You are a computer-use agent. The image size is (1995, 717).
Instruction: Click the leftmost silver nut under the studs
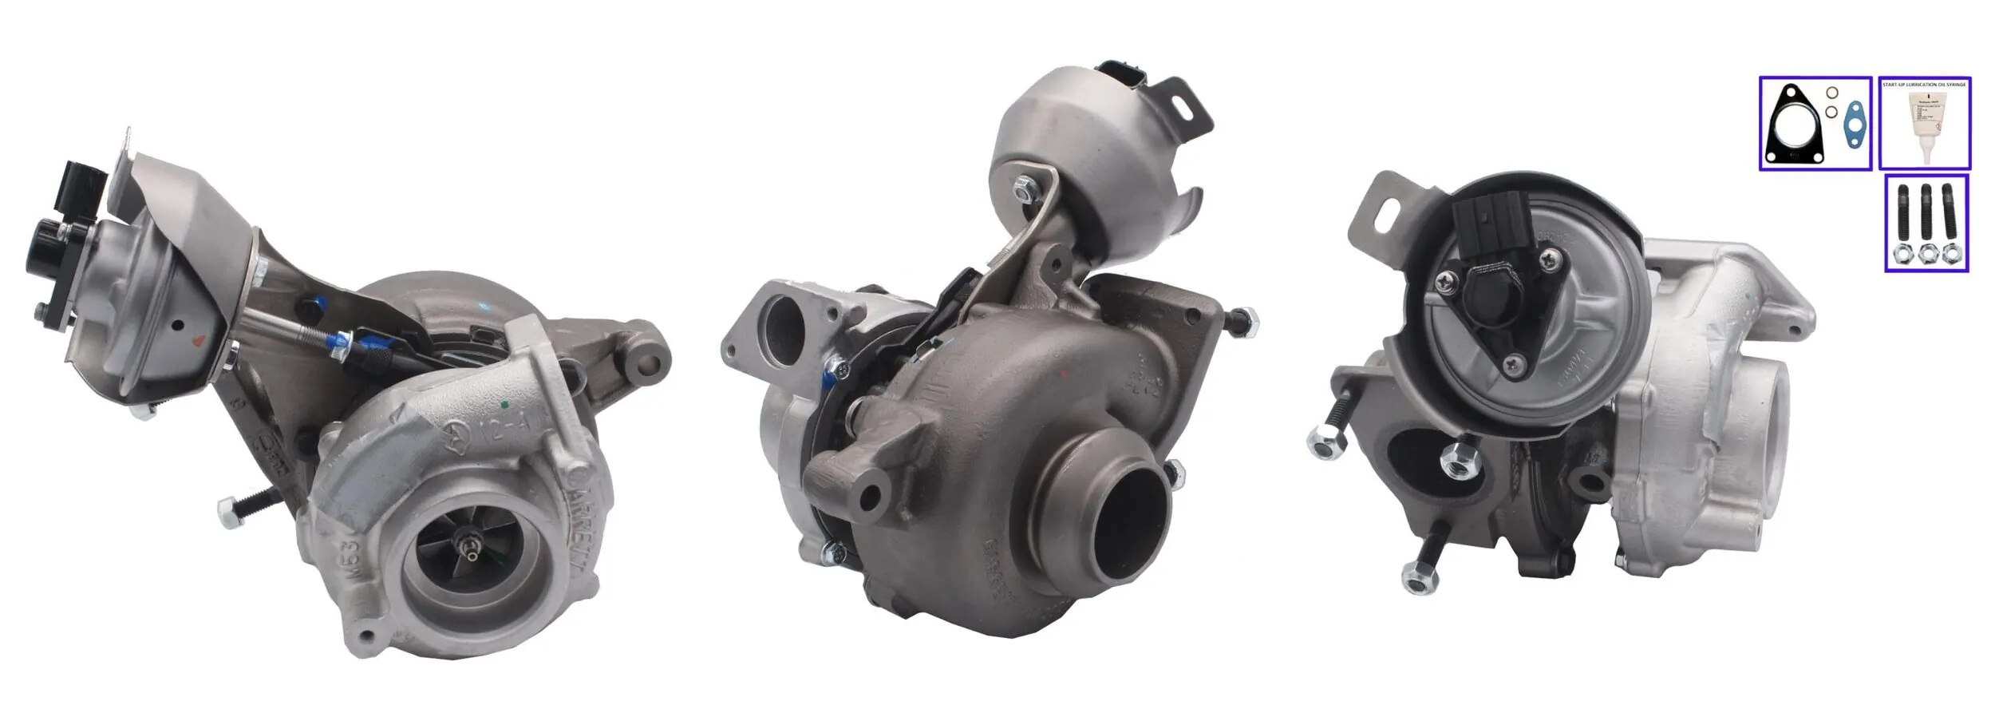(x=1902, y=256)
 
